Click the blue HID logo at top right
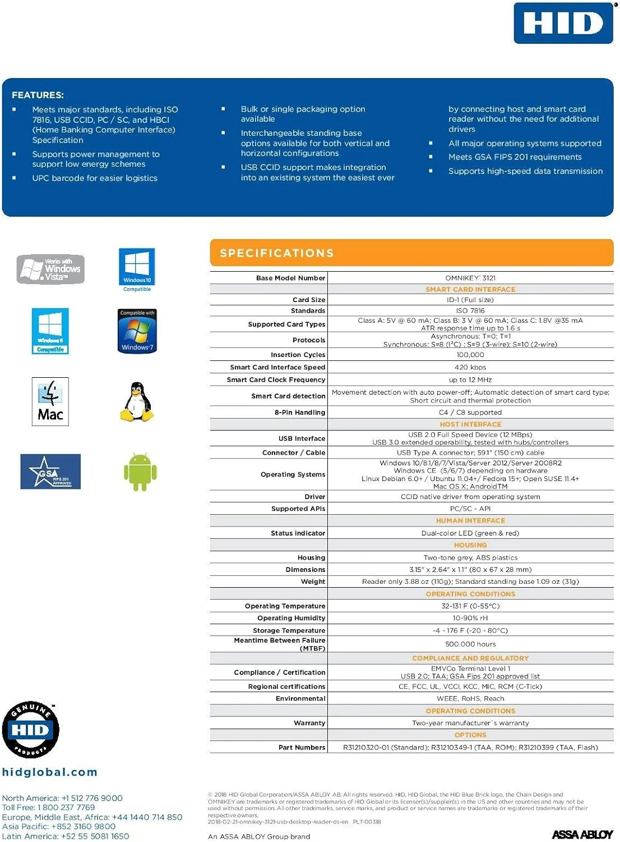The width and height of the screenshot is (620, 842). (563, 23)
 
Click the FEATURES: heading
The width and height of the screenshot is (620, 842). (38, 95)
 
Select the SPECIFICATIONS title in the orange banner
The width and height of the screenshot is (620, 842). (276, 253)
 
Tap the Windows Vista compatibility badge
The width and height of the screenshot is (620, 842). (50, 269)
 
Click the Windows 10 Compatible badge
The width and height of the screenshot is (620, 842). (137, 269)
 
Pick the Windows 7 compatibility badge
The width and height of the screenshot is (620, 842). (137, 331)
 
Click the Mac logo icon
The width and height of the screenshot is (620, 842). (50, 401)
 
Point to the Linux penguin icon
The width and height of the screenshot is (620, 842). (137, 402)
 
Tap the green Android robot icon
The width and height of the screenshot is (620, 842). (140, 472)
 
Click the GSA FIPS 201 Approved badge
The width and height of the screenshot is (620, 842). (50, 472)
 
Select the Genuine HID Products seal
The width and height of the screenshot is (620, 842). (30, 729)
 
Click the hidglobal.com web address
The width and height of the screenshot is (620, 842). (49, 772)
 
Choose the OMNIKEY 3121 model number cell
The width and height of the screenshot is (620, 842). (470, 278)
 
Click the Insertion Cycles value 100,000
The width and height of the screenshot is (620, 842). (470, 355)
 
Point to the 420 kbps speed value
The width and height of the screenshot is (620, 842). (470, 367)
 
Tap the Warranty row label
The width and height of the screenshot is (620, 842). (309, 723)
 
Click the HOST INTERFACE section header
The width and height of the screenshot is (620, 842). (470, 424)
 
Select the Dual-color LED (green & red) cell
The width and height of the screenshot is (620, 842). (470, 533)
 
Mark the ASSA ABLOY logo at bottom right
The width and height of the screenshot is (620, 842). (582, 835)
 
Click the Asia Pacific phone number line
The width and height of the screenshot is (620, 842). (59, 826)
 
